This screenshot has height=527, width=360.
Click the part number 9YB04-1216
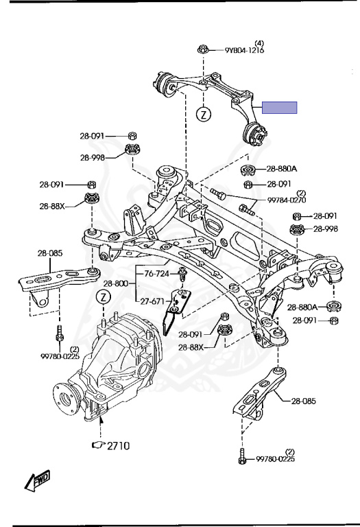tap(245, 50)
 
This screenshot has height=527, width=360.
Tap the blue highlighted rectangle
tap(279, 108)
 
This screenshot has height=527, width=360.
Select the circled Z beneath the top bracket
tap(203, 115)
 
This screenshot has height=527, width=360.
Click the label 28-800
tap(115, 283)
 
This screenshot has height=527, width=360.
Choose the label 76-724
tap(156, 274)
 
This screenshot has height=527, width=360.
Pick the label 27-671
tap(152, 301)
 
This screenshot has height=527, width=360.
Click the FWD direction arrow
tap(37, 479)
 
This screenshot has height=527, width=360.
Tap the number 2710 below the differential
tap(118, 445)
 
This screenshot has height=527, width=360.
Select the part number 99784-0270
tap(287, 200)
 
